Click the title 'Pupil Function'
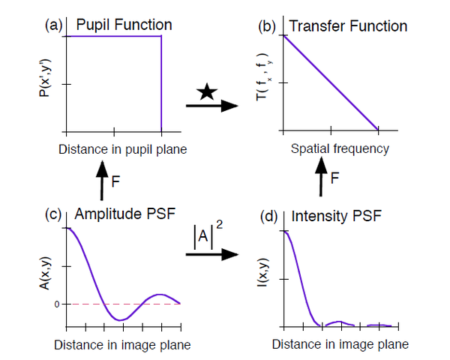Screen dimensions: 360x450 [x=124, y=25]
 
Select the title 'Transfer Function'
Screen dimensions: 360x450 [x=348, y=26]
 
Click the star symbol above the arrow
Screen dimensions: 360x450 [x=208, y=93]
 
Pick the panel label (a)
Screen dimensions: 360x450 [x=54, y=25]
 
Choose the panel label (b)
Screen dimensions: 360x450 [x=268, y=26]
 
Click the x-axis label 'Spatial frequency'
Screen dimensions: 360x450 [x=340, y=148]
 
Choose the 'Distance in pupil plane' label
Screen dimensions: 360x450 [x=122, y=148]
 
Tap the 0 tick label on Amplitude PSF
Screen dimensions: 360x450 [x=55, y=304]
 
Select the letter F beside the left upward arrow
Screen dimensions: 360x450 [x=115, y=182]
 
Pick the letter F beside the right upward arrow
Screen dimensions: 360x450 [x=334, y=180]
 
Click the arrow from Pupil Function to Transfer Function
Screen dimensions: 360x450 [x=211, y=106]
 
